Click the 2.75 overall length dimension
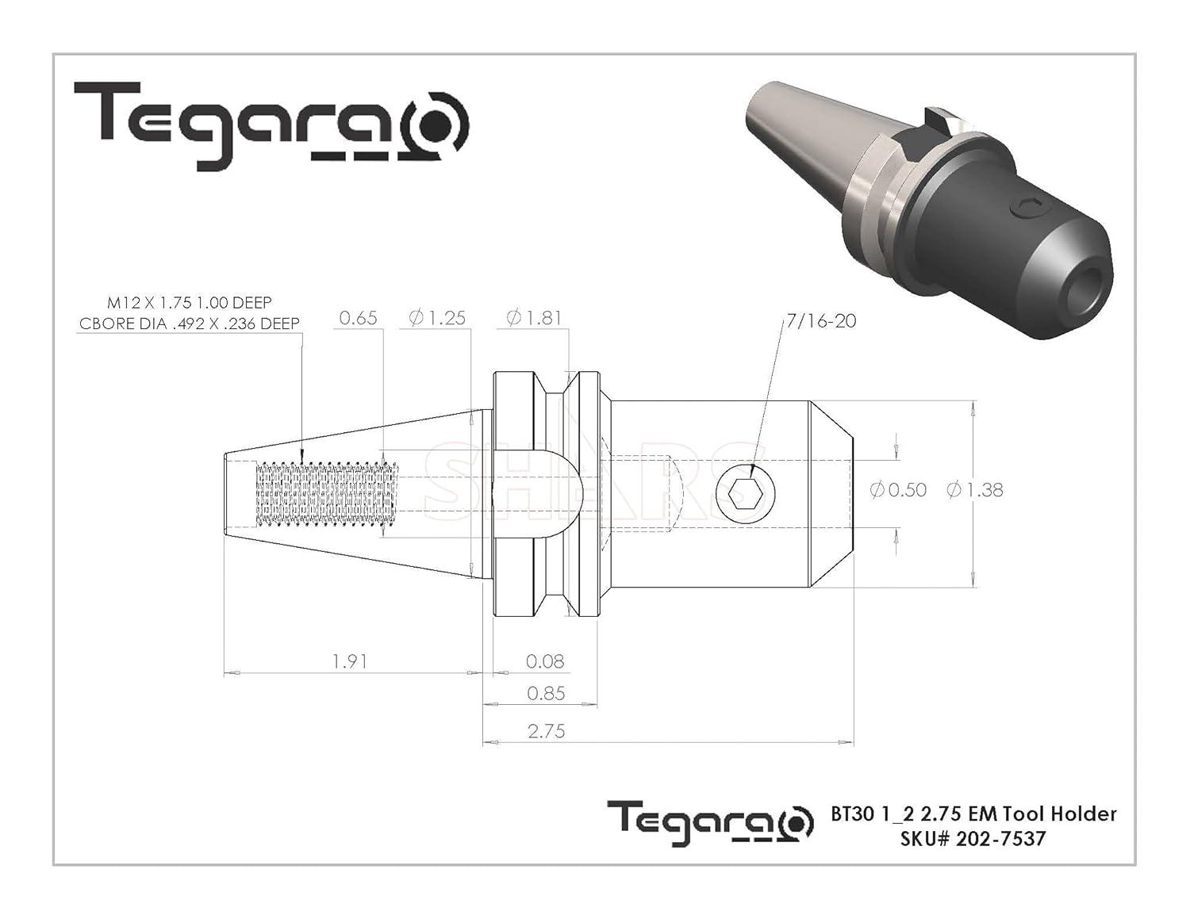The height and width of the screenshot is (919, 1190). coord(546,731)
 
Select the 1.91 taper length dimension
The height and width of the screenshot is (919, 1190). coord(349,661)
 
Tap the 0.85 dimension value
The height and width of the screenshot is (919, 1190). coord(546,694)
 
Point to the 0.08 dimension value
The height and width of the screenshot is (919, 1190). coord(546,661)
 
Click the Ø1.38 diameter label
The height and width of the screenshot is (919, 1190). coord(975,490)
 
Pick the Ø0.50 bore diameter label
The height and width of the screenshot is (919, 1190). coord(898,490)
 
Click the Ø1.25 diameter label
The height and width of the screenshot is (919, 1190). coord(437,318)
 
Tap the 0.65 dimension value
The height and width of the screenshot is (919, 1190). coord(358,318)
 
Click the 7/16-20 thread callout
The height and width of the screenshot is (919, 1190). coord(821,321)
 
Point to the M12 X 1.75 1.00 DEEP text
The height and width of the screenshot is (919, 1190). coord(190,303)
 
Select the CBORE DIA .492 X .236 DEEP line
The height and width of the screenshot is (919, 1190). coord(190,324)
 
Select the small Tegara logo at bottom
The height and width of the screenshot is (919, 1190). coord(710,823)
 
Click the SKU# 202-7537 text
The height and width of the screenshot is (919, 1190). coord(973,839)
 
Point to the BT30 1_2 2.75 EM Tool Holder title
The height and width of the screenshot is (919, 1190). coord(973,814)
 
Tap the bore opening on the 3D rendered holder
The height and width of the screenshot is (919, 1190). coord(1088,289)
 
